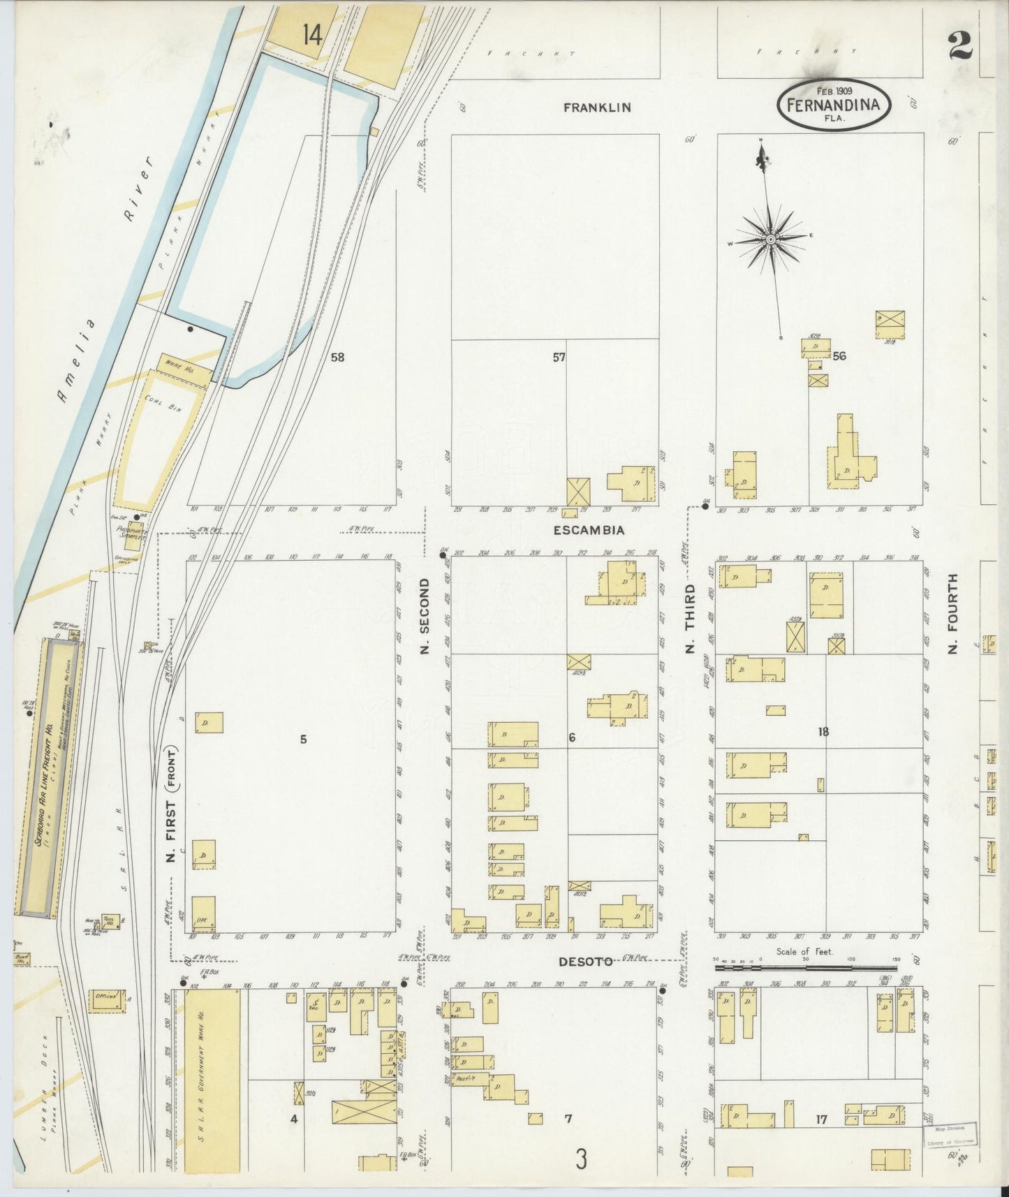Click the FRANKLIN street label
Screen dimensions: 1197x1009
click(597, 108)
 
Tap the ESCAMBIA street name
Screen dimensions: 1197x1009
click(588, 530)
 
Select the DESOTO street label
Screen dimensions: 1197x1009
click(587, 962)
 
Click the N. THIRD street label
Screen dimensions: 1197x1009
click(690, 618)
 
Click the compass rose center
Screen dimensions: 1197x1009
click(770, 240)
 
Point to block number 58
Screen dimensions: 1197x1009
click(337, 358)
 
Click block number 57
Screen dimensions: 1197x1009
click(559, 358)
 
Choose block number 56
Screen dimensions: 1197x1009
click(839, 356)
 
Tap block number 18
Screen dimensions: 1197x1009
click(823, 732)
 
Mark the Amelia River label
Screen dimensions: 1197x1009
click(105, 279)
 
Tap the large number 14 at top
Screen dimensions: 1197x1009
click(312, 34)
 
